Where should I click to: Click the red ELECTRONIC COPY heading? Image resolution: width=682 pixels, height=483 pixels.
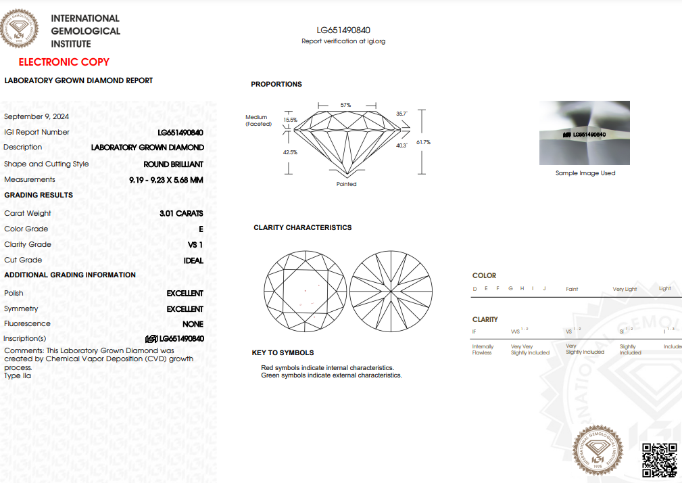coord(64,62)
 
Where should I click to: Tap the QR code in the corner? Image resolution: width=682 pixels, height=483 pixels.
coord(658,460)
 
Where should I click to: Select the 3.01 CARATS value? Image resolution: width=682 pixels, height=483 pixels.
coord(181,214)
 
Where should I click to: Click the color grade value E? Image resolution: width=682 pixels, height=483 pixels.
coord(201,229)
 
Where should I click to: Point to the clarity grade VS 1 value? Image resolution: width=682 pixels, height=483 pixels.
coord(195,245)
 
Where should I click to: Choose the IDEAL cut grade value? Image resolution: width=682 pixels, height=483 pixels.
coord(193,260)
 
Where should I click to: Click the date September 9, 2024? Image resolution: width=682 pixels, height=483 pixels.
coord(36,116)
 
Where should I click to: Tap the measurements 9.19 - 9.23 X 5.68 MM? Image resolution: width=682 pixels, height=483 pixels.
coord(166,180)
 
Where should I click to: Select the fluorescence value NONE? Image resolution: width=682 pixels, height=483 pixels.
coord(193,324)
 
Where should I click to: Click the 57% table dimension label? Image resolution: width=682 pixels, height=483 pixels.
coord(345,105)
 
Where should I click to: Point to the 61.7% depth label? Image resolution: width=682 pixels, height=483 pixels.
coord(424,142)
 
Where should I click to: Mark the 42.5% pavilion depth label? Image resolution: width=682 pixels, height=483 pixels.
coord(290,152)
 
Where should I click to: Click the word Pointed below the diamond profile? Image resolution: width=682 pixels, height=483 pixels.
coord(346,184)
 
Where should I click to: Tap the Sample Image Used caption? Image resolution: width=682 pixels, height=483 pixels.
coord(585,173)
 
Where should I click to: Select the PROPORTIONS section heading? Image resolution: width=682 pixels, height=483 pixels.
coord(276,85)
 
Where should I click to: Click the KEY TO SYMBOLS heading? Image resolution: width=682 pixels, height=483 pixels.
coord(283,353)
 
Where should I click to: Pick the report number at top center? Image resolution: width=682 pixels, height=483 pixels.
coord(343,30)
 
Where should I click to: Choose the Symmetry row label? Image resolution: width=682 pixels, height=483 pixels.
coord(21,309)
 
